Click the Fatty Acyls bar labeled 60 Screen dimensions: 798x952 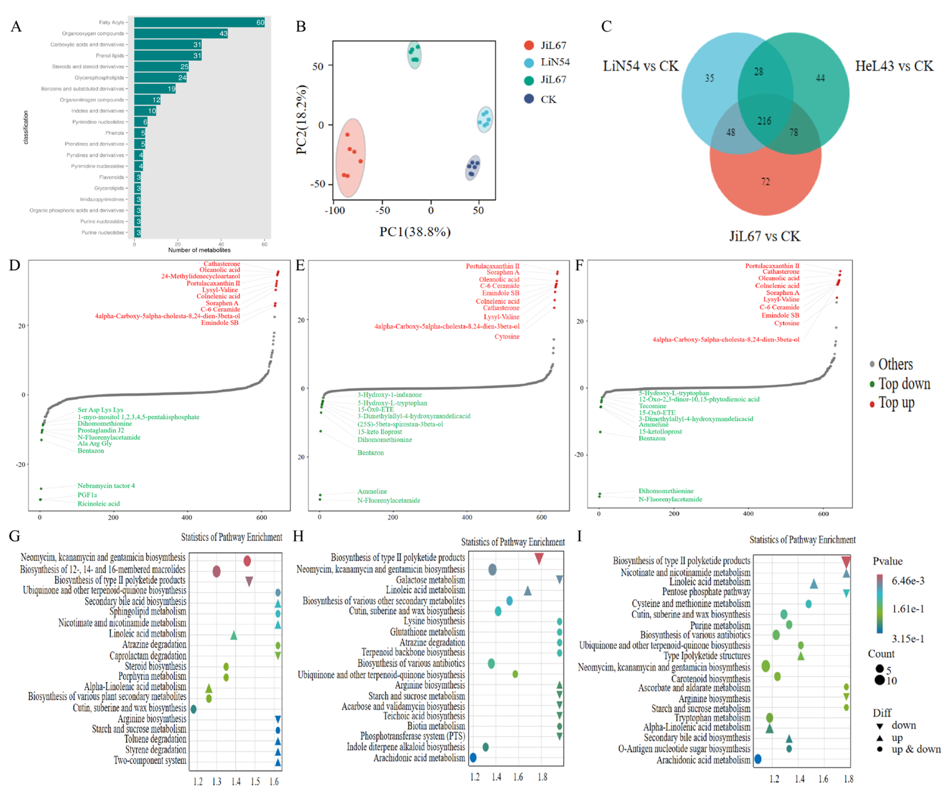tap(199, 22)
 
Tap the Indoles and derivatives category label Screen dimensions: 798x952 tap(98, 111)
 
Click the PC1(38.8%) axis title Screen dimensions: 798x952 tap(415, 232)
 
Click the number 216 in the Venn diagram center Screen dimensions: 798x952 tap(764, 121)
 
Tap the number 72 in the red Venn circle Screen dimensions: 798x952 tap(765, 182)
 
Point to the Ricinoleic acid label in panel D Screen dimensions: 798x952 tap(98, 504)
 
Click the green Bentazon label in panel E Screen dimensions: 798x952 tap(370, 453)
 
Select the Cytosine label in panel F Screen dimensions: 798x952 tap(787, 323)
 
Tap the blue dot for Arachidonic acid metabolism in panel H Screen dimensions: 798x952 tap(473, 758)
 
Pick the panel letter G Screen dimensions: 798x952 tap(15, 536)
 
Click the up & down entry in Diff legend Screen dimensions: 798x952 tap(916, 749)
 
